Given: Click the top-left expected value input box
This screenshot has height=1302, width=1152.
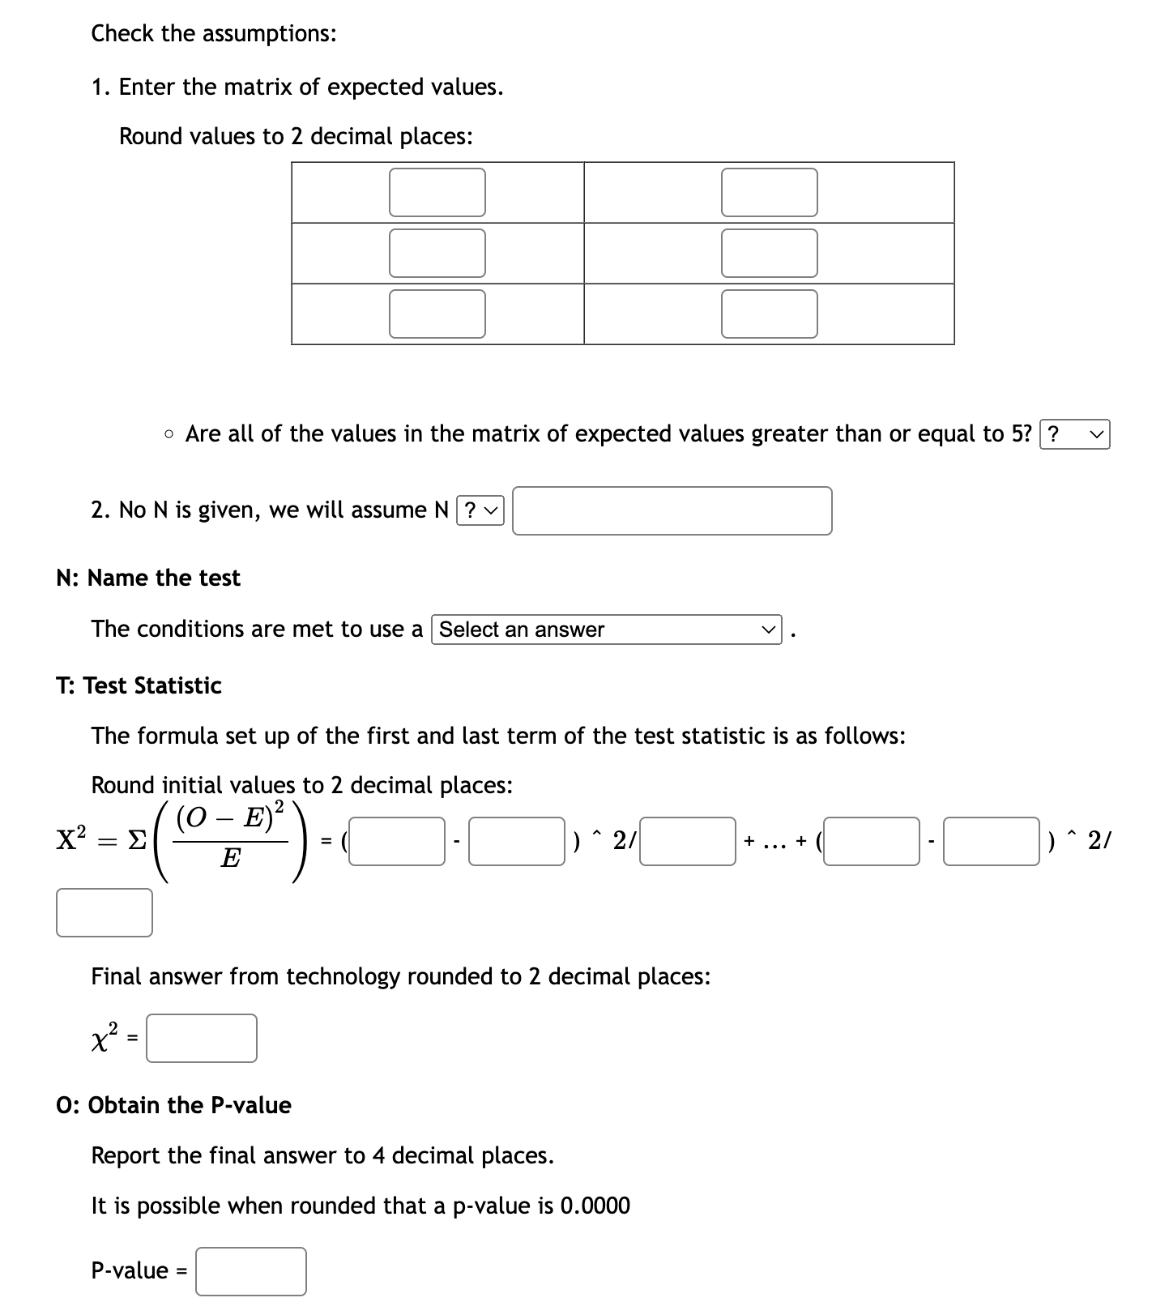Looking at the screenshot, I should pos(437,193).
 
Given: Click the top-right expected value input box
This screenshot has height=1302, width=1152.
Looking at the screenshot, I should pos(769,193).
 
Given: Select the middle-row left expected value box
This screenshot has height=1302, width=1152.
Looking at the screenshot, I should pos(437,254).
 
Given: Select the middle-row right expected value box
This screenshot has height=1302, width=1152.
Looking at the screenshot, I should pos(769,254).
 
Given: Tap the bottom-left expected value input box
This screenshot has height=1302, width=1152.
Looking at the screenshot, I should pos(437,314).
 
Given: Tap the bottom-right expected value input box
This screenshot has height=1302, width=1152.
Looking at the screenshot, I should pos(769,314).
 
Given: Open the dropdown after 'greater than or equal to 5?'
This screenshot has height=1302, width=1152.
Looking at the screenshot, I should pos(1074,435).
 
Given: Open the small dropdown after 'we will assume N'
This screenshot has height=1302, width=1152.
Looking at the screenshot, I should pos(480,510).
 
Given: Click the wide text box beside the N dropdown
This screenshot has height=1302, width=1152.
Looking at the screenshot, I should pos(672,510).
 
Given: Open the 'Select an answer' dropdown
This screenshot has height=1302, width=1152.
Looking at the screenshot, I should pos(608,630).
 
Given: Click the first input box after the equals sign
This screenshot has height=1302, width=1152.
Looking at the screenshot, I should pos(397,842).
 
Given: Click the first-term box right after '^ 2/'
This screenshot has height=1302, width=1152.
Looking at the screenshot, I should pos(687,842).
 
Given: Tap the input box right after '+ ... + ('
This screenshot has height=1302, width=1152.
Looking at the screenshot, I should pos(872,842).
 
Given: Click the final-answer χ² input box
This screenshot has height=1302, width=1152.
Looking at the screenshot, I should pos(202,1038).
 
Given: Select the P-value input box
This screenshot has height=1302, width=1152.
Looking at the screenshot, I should pos(251,1271).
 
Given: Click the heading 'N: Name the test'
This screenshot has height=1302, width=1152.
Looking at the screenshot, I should pos(148,578).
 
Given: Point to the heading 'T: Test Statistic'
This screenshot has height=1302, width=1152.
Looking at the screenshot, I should pos(139,686).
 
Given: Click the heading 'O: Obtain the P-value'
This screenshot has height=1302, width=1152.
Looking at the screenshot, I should pos(173,1106).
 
